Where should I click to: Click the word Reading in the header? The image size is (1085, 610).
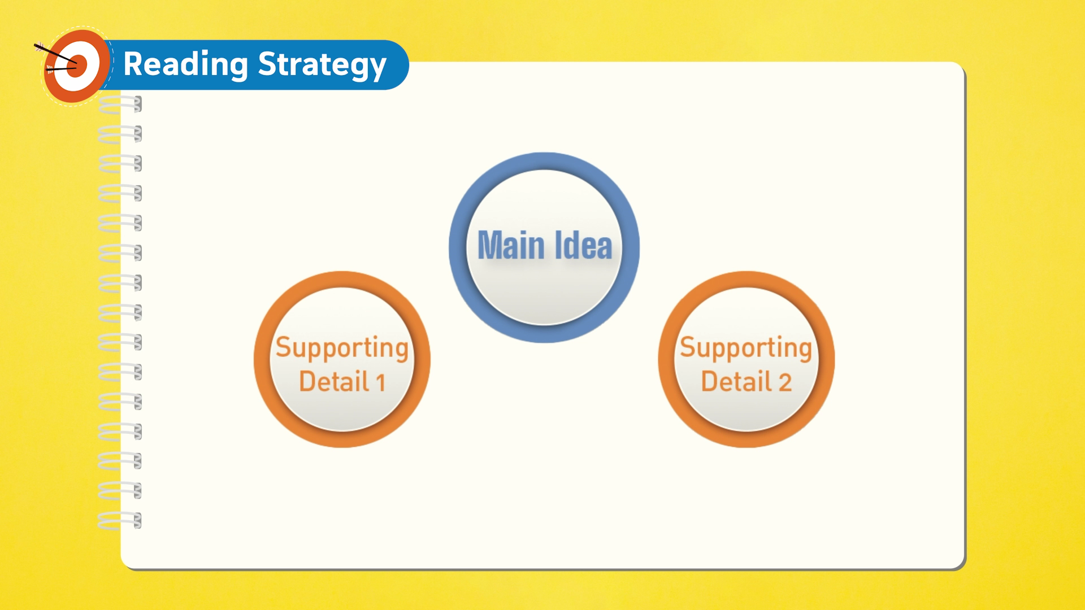tap(185, 64)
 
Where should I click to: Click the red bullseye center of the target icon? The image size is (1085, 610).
tap(78, 66)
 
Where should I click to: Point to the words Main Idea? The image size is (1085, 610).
tap(545, 246)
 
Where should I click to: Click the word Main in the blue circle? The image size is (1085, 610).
tap(511, 246)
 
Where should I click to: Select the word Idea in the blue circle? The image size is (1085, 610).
tap(583, 246)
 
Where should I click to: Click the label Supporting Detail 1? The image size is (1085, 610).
tap(342, 364)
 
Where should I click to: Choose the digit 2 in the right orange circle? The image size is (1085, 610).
tap(785, 382)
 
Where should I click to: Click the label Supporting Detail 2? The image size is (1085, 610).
tap(746, 364)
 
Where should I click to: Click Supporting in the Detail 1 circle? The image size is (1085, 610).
tap(342, 348)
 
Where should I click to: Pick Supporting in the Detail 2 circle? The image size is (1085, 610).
tap(746, 348)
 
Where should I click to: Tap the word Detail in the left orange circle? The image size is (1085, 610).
tap(334, 381)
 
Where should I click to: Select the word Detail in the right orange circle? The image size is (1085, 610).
tap(736, 381)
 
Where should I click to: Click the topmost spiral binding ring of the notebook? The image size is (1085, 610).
tap(120, 104)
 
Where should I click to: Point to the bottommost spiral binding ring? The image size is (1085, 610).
tap(120, 520)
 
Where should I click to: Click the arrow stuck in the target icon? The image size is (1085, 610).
tap(55, 54)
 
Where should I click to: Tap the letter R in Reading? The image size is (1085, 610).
tap(134, 63)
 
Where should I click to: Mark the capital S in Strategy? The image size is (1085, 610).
tap(268, 63)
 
